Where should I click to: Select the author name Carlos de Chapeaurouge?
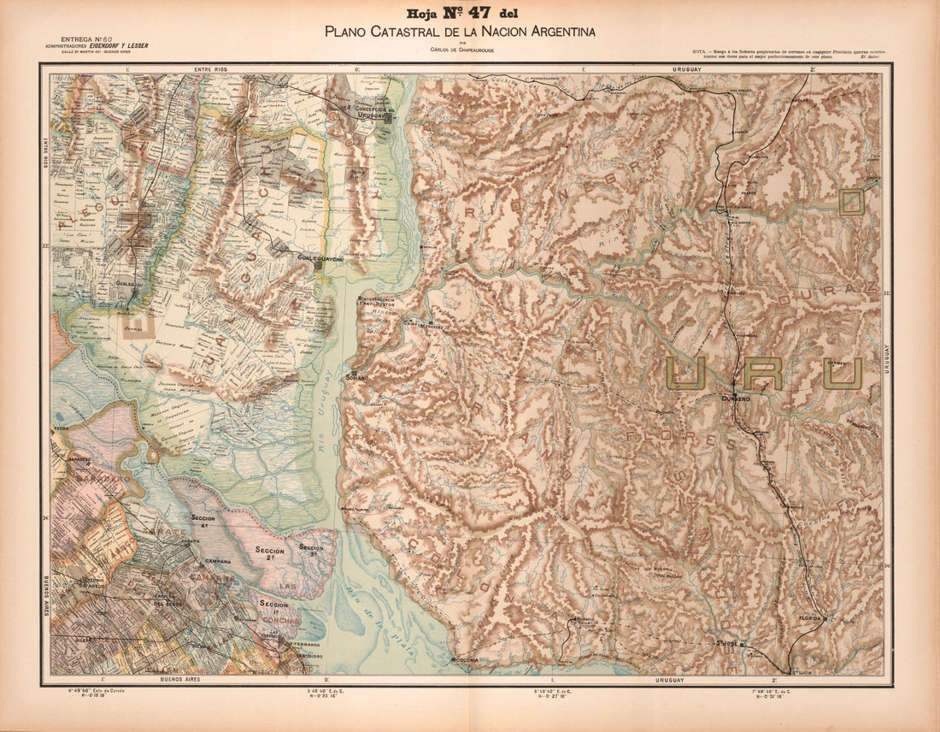[x=460, y=49]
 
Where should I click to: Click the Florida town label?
[x=809, y=617]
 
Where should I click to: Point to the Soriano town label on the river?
[x=356, y=377]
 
